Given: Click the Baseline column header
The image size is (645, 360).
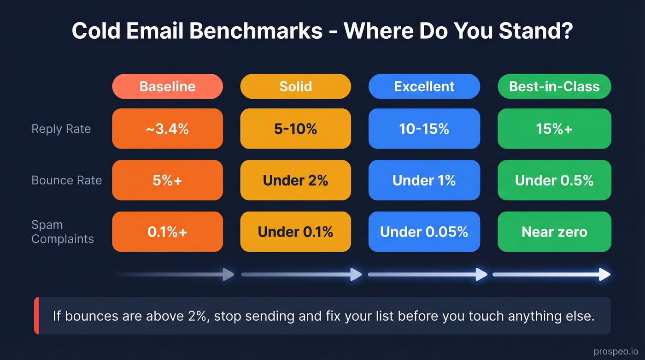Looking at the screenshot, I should coord(167,86).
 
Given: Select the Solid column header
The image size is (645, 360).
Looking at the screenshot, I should coord(295,86).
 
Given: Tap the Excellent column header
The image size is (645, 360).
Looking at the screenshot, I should coord(424,86).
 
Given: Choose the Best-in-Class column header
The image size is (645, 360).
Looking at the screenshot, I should coord(554,86).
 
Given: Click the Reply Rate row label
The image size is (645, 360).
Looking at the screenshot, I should coord(61,129).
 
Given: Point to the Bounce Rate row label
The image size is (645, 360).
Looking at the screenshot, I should coord(66,180).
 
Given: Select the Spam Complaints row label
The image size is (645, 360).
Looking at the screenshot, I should coord(62,232).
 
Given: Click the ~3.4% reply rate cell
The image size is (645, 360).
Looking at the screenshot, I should coord(167,129).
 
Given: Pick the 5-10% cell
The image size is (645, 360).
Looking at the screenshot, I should coord(295,129).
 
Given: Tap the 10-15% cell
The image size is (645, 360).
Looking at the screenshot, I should coord(424,129).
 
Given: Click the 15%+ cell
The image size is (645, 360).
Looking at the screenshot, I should coord(554,129).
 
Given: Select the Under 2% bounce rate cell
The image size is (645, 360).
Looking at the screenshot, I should coord(295,180).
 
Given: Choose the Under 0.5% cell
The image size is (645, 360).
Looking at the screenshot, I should coord(554,180).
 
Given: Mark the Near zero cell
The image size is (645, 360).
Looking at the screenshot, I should coord(554,232).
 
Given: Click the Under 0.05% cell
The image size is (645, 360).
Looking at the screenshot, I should coord(424,232).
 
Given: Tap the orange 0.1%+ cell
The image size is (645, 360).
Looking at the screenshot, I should coord(167,232).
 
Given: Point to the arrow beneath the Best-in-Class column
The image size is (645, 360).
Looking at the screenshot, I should coord(551,275).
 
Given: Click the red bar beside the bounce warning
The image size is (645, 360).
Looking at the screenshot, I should coord(36,316).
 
